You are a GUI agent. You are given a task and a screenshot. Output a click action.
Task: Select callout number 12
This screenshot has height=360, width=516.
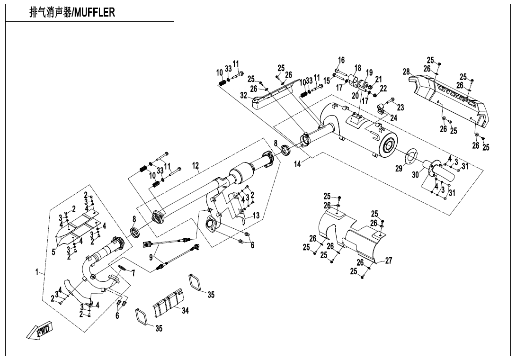(x=196, y=165)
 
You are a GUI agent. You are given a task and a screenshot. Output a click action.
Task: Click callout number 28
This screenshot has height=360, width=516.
(x=406, y=72)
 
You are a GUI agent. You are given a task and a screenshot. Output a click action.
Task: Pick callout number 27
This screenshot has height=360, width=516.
(x=389, y=260)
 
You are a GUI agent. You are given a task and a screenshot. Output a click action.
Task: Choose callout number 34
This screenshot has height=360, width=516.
(x=185, y=311)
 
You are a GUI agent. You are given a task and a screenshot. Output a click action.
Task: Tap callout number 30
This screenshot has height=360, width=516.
(x=415, y=174)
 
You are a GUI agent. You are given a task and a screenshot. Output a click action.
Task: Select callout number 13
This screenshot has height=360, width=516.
(x=256, y=215)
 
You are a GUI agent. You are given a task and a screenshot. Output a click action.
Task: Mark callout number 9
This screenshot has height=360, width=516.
(x=151, y=258)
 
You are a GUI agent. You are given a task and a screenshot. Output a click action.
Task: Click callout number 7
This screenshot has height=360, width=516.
(x=133, y=273)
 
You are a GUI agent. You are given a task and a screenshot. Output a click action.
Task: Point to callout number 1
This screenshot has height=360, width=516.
(x=36, y=272)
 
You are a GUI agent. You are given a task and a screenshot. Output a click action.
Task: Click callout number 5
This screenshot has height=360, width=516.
(x=53, y=252)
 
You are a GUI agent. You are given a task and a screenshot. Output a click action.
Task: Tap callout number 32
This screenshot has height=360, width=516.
(x=243, y=95)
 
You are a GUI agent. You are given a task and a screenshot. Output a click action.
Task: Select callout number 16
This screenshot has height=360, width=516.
(x=341, y=60)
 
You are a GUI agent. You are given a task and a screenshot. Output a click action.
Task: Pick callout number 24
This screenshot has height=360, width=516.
(x=394, y=117)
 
